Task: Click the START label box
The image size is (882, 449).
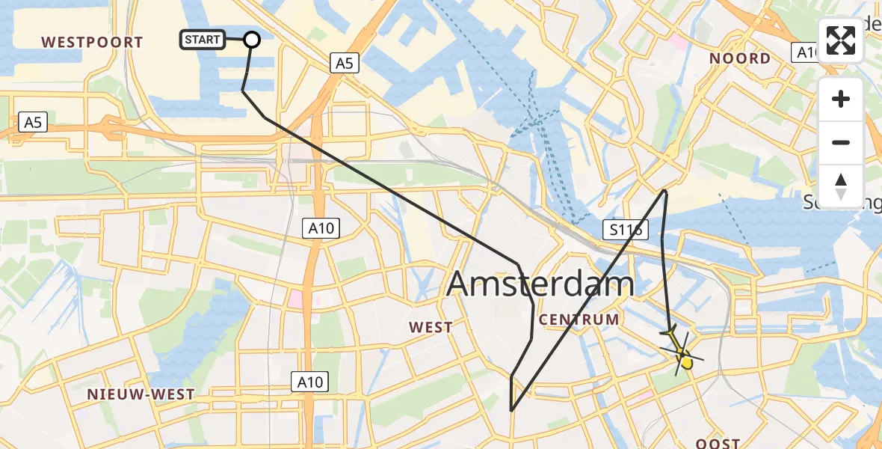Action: [202, 40]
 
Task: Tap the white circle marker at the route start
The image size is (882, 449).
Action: [252, 40]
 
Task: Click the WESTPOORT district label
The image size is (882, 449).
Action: [93, 42]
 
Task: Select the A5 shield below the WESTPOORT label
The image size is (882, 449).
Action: [33, 122]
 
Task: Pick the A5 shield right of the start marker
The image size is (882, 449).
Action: [343, 64]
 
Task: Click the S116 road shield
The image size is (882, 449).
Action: [625, 230]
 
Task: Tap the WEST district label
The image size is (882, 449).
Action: [431, 327]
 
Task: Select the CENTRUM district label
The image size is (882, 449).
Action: [579, 320]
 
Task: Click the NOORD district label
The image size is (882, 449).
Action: [739, 58]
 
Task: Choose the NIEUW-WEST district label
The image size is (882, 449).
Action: [141, 394]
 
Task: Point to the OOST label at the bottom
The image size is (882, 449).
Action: [718, 443]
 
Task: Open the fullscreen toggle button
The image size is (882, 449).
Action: [841, 41]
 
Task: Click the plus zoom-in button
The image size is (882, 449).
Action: [841, 99]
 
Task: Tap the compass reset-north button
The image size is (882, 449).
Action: [841, 186]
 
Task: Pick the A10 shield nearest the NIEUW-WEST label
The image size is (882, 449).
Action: [309, 382]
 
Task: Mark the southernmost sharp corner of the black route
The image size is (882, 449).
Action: [511, 411]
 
